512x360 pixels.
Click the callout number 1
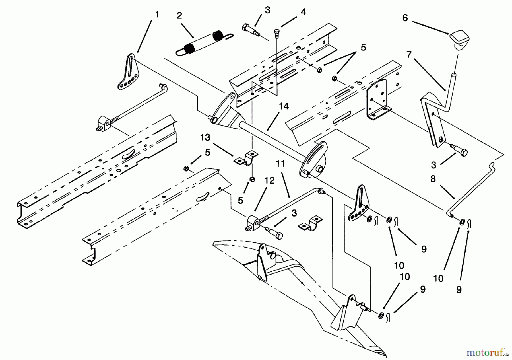157,14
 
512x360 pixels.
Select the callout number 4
304,12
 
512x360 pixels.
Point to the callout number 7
409,55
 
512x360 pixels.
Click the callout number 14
284,106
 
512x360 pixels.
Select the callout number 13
205,137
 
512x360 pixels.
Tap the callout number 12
270,181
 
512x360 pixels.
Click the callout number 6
405,18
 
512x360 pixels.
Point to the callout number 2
179,15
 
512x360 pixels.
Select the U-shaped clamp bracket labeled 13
246,158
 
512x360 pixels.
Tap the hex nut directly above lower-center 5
251,179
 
